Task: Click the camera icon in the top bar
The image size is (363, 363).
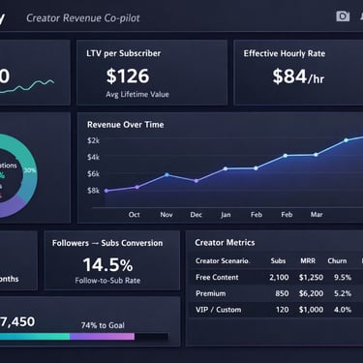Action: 342,16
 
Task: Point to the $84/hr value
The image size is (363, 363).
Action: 297,76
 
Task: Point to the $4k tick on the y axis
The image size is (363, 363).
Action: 93,157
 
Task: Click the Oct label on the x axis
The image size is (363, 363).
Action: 134,214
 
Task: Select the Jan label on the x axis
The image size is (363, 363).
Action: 226,214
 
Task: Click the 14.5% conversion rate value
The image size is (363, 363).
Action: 107,264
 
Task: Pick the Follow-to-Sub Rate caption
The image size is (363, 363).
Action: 108,281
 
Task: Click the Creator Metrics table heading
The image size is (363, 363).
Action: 225,242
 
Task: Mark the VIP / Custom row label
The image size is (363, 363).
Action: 219,309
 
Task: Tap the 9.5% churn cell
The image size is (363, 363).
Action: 342,277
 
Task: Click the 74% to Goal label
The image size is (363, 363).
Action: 110,323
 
